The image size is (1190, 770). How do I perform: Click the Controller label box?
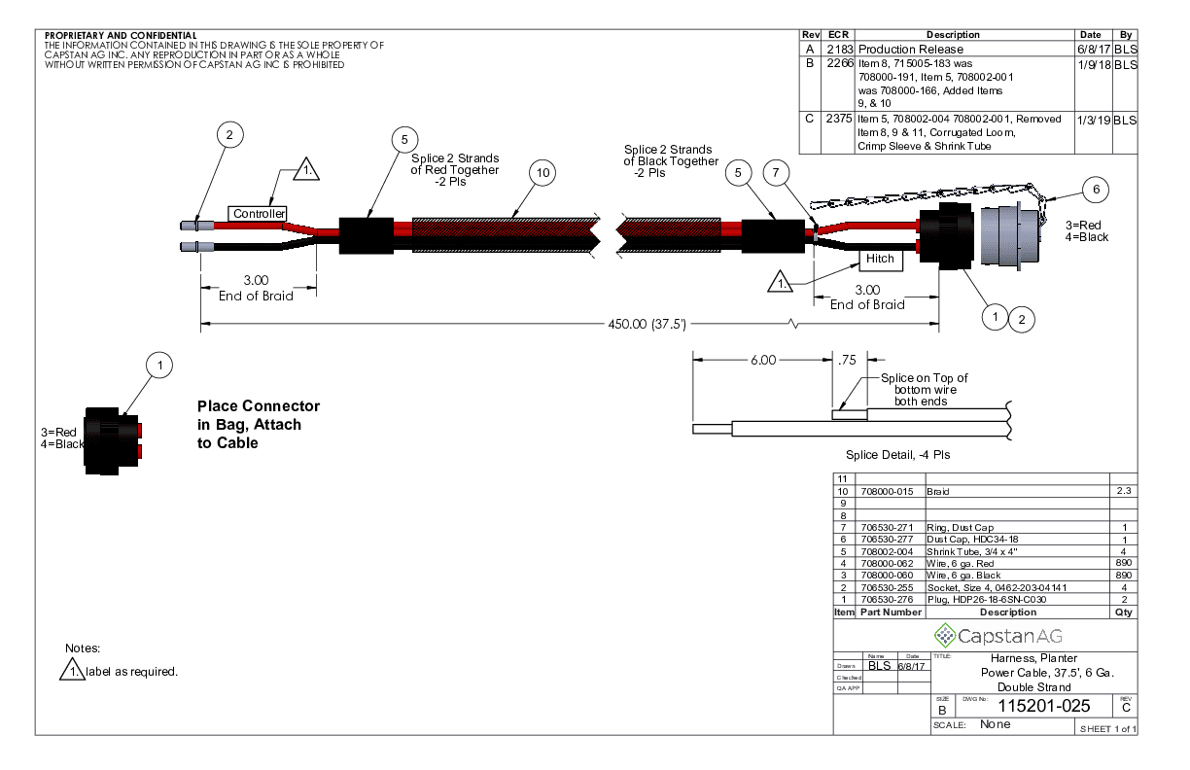coord(260,213)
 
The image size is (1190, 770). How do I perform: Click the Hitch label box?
coord(881,260)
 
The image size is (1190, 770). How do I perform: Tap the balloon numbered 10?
coord(542,173)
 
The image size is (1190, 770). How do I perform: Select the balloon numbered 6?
coord(1096,191)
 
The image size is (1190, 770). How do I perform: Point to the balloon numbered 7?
coord(774,173)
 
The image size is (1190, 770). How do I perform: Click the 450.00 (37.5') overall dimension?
coord(647,324)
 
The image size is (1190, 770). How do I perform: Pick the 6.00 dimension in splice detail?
coord(763,360)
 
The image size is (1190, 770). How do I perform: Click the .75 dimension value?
coord(846,360)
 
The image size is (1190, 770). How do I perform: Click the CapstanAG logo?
coord(998,636)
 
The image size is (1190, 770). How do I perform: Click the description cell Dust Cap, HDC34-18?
coord(972,539)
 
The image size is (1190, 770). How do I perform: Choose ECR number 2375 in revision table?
coord(839,119)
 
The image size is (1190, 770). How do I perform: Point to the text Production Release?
coord(911,49)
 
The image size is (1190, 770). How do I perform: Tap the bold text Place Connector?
coord(258,405)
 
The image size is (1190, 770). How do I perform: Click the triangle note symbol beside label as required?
coord(72,670)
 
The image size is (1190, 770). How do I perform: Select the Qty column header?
coord(1123,612)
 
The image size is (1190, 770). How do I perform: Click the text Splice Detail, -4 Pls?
coord(897,454)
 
